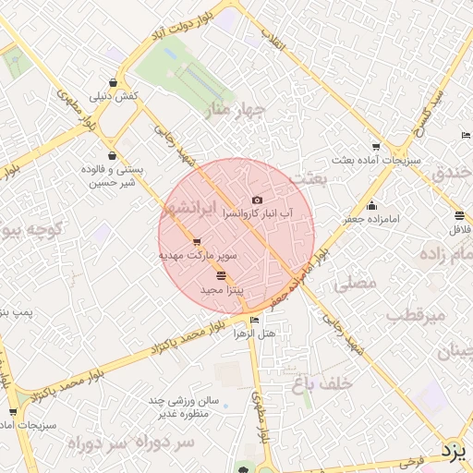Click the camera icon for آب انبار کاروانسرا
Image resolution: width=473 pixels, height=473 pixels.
click(257, 200)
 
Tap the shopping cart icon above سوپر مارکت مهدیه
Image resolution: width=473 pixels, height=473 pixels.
click(197, 242)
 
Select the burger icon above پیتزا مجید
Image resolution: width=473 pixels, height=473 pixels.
click(220, 276)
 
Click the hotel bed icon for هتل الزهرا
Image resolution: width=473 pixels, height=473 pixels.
click(255, 321)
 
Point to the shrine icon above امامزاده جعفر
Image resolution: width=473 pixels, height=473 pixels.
click(371, 206)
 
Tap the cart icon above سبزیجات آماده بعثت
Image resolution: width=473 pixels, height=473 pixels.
click(375, 147)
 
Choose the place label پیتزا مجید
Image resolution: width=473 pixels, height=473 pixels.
click(222, 291)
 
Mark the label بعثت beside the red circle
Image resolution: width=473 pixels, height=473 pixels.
click(308, 176)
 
